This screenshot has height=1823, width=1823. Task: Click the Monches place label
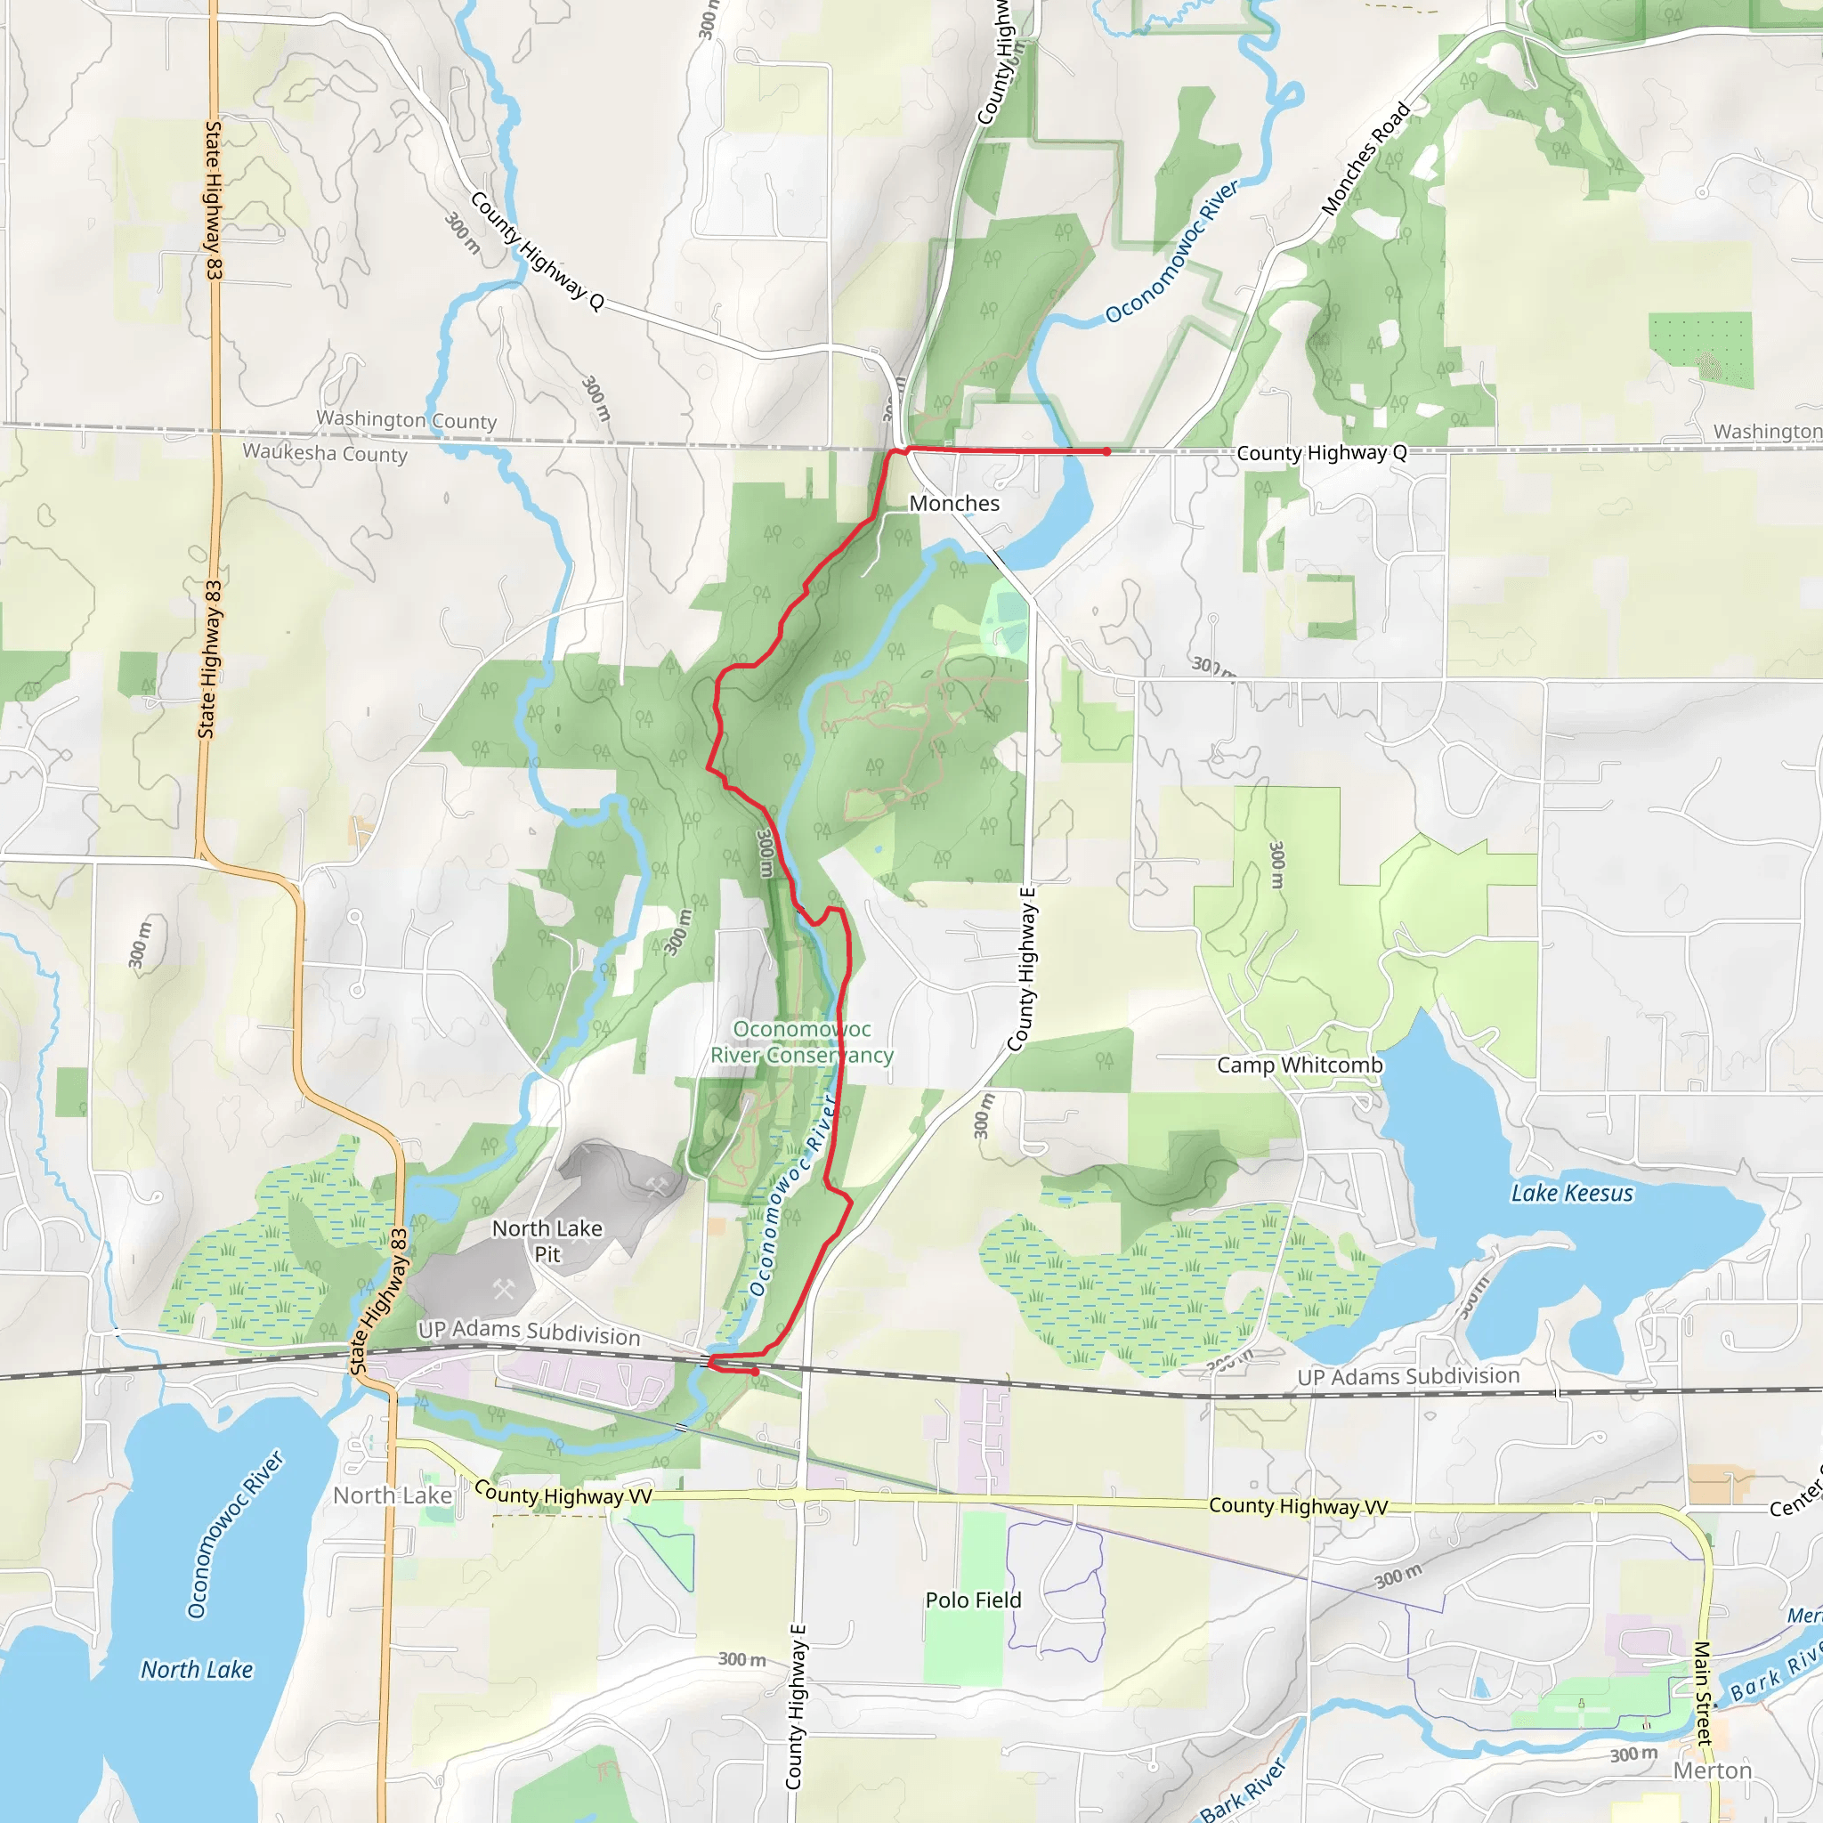[x=954, y=504]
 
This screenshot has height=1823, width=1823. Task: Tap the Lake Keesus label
[x=1572, y=1194]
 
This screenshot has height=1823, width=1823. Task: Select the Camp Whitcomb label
[x=1300, y=1065]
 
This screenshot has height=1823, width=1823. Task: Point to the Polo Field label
[x=973, y=1600]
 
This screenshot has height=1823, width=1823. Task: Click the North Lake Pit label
[x=547, y=1241]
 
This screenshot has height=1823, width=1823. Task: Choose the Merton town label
[x=1713, y=1771]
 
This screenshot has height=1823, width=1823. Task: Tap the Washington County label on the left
[x=406, y=420]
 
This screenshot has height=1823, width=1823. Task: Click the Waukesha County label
[x=325, y=453]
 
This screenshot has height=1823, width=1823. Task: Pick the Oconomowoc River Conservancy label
[x=802, y=1041]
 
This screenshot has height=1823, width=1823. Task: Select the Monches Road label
[x=1365, y=158]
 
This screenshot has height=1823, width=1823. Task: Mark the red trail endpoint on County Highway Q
[x=1106, y=452]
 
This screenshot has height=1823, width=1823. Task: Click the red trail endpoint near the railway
[x=756, y=1371]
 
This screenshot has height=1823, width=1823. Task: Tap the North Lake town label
[x=393, y=1495]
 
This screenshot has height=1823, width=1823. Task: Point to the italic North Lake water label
[x=198, y=1670]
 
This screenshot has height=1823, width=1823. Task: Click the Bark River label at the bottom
[x=1243, y=1791]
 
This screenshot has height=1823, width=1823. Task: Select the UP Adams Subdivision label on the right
[x=1408, y=1377]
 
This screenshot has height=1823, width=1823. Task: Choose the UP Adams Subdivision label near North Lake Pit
[x=529, y=1332]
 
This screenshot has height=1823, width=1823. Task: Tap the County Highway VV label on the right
[x=1298, y=1507]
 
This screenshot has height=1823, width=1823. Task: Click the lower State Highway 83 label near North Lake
[x=377, y=1302]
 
